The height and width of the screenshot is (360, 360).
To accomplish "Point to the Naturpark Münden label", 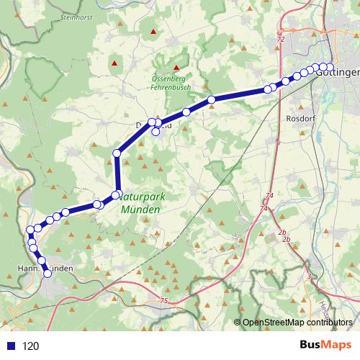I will click(x=140, y=202).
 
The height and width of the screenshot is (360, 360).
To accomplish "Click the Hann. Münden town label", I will click(x=43, y=268).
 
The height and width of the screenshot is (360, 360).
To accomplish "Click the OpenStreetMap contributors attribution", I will click(x=297, y=323).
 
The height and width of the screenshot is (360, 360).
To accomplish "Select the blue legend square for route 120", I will click(x=10, y=346).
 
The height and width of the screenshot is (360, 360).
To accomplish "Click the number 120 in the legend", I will click(x=31, y=346).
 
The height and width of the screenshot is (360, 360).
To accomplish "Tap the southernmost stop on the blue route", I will click(x=48, y=274).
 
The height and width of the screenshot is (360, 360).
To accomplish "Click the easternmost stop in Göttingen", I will click(x=330, y=68).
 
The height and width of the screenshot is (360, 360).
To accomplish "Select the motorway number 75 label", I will click(x=164, y=300).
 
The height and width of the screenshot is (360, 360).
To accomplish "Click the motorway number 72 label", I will click(x=280, y=40).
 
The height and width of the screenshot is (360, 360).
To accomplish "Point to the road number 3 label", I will click(x=308, y=276).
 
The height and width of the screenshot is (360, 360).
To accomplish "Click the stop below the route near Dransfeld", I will click(x=156, y=131).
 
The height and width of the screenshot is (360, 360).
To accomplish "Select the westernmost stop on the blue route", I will click(x=30, y=230).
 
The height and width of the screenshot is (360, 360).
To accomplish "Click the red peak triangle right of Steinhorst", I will click(x=153, y=32).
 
